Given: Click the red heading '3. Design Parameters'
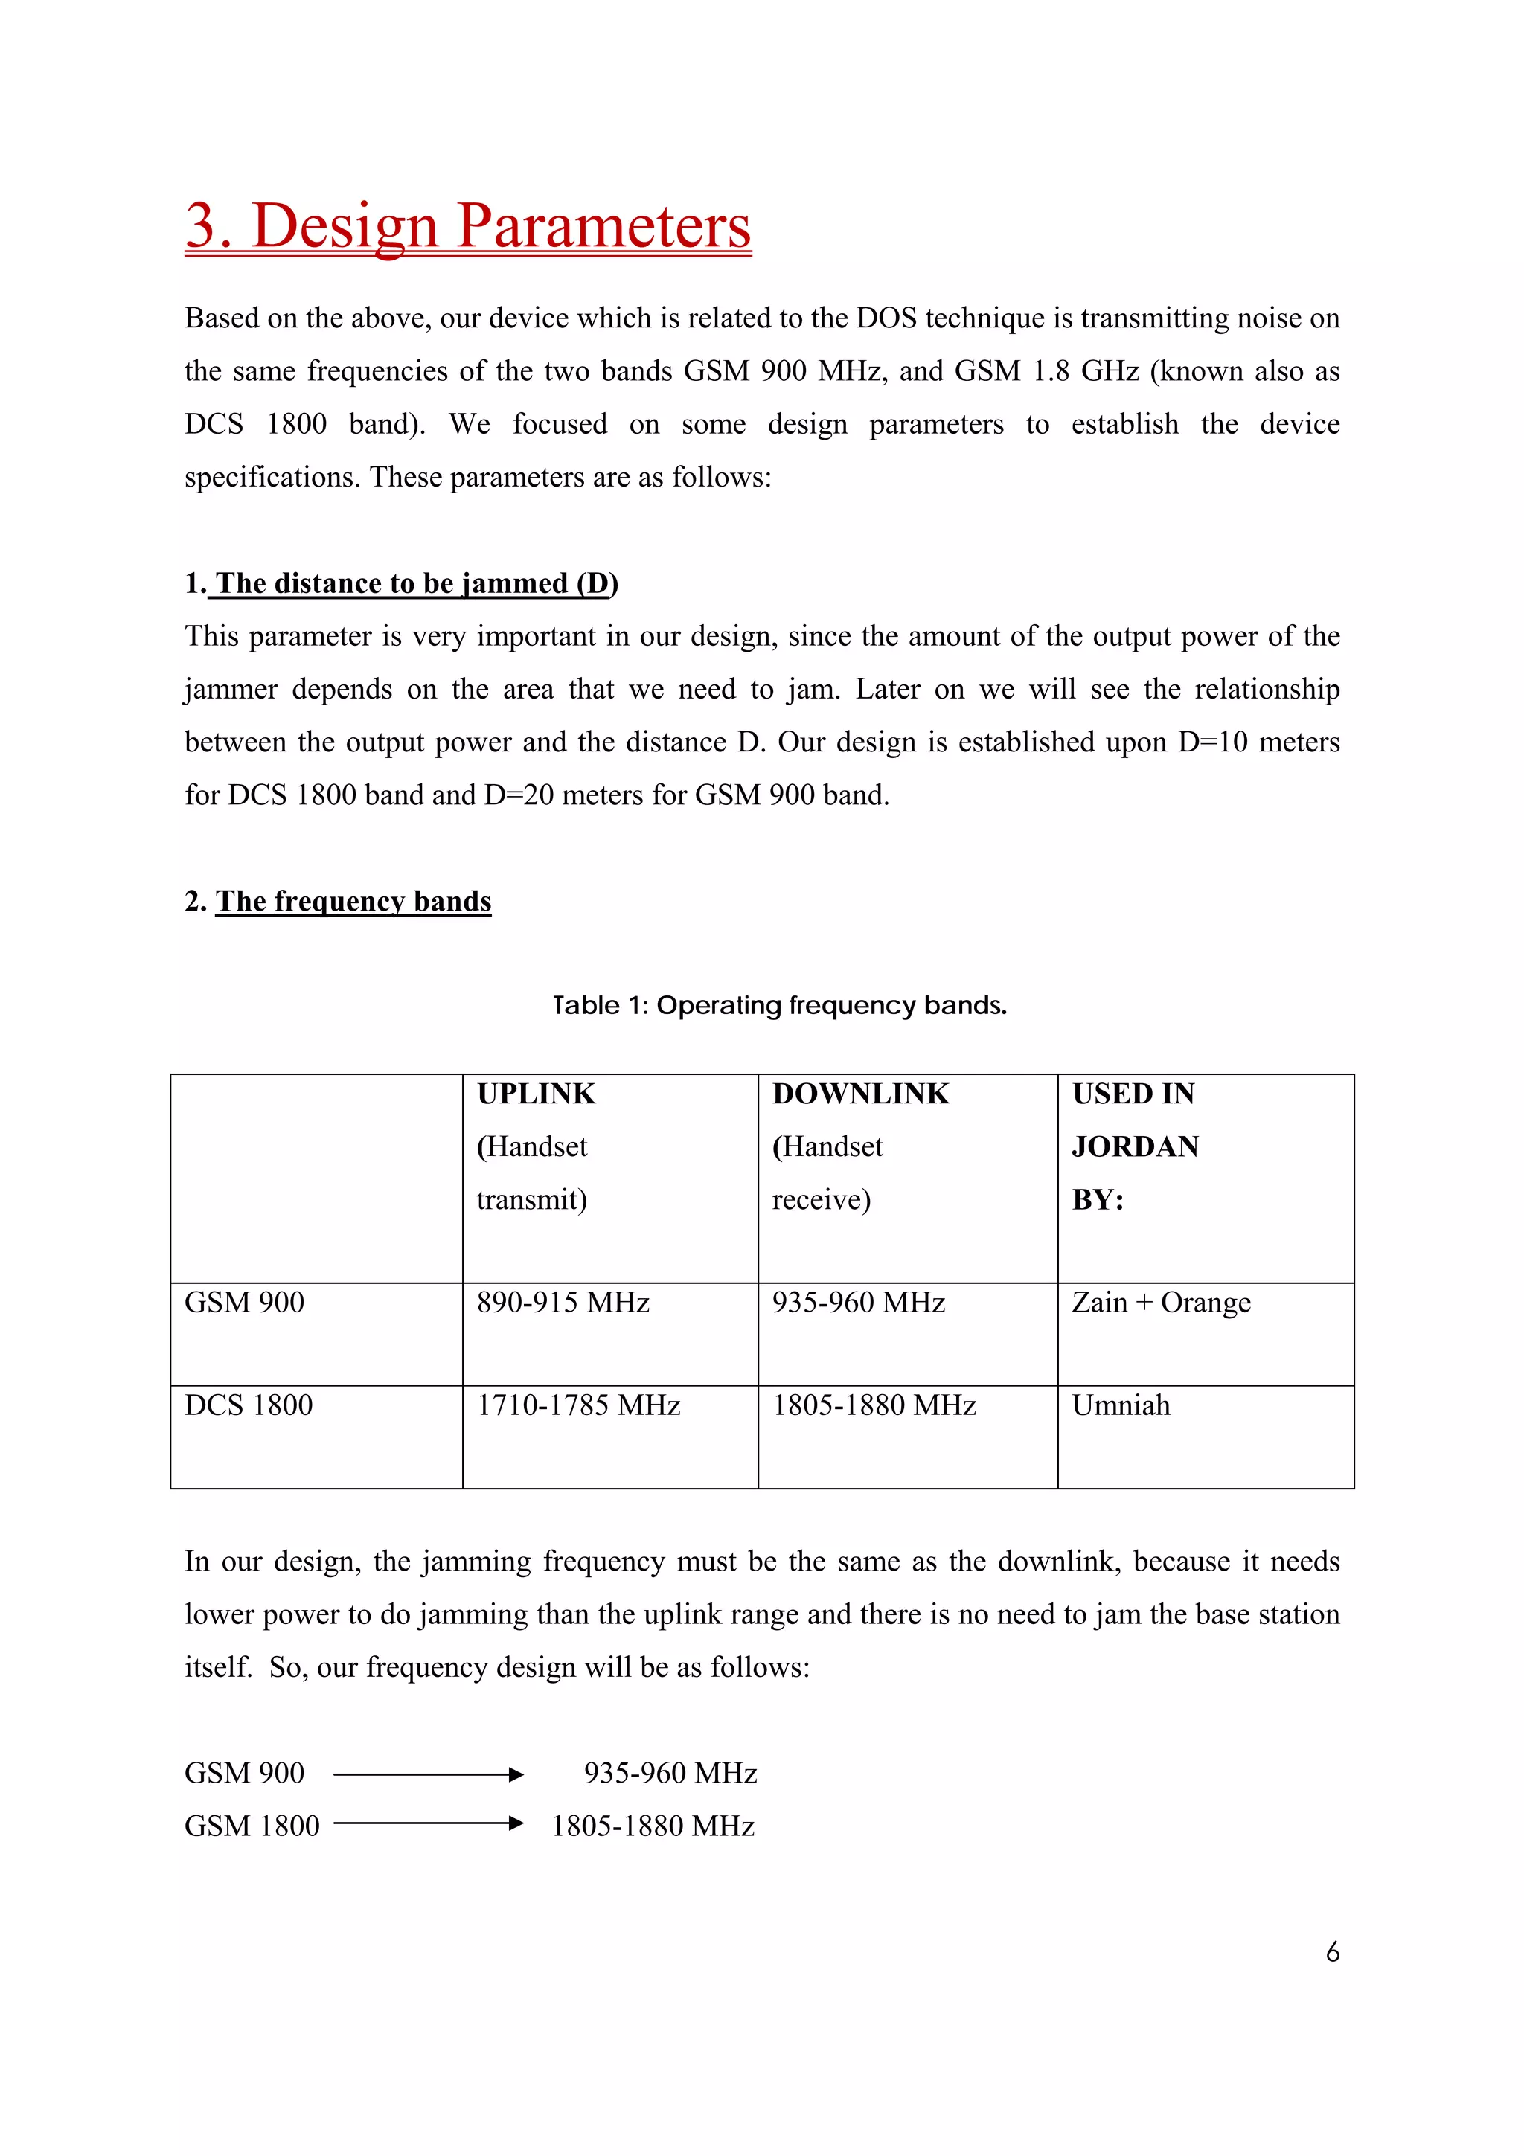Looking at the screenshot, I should (x=467, y=226).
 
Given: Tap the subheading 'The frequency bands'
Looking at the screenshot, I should (x=353, y=902).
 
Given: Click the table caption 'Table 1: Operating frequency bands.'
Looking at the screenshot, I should (x=779, y=1006).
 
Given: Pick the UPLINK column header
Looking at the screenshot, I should (x=537, y=1094).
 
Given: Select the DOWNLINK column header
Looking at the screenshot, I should (x=860, y=1094).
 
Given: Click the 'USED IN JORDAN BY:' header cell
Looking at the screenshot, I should (x=1134, y=1146).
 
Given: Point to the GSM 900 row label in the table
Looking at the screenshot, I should (x=244, y=1303).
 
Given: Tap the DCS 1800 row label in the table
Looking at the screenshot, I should (x=248, y=1406).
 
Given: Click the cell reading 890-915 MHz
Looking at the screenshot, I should (x=563, y=1303).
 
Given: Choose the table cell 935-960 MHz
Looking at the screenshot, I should (x=858, y=1303).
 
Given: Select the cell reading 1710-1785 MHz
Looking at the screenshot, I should (x=577, y=1406).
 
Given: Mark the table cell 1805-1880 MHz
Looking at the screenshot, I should (x=874, y=1406).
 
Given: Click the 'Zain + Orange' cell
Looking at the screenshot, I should (x=1161, y=1303).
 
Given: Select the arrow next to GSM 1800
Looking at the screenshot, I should (x=428, y=1823).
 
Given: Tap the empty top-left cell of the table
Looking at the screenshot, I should (x=316, y=1178).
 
